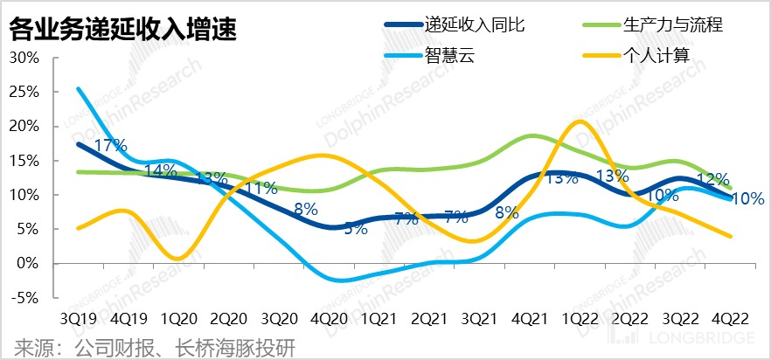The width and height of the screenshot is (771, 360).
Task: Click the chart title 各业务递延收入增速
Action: click(123, 29)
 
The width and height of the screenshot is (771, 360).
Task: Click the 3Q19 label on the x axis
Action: click(79, 318)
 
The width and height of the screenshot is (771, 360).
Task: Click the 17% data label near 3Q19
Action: click(111, 145)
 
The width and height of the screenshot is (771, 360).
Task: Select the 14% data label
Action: click(159, 170)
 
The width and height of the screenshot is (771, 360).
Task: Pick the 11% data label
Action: click(260, 187)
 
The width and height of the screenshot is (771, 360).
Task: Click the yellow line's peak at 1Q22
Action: click(579, 121)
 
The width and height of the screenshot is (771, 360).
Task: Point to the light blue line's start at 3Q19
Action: click(79, 88)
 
